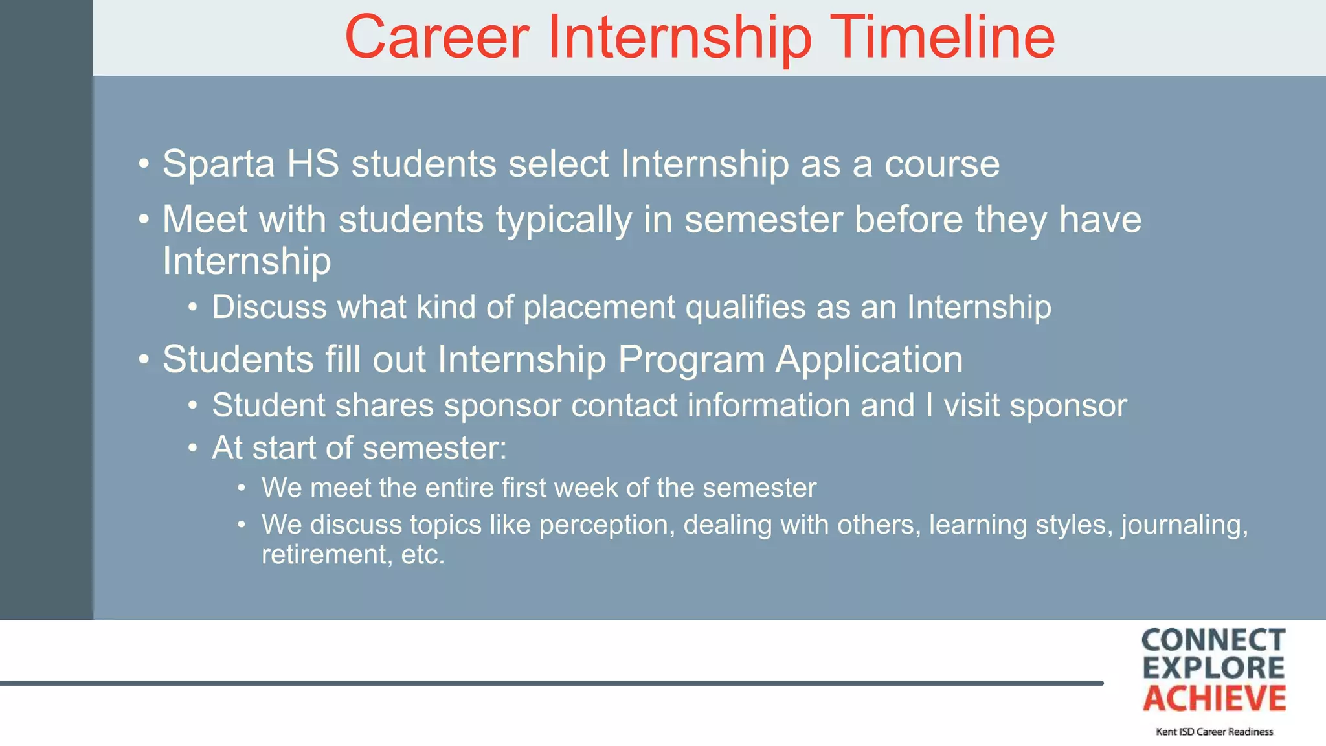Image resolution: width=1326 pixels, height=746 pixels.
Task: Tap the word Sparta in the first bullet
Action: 219,164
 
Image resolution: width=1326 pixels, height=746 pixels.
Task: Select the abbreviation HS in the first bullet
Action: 313,164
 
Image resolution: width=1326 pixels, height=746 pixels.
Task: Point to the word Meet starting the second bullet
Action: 205,220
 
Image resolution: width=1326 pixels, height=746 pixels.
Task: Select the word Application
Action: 869,360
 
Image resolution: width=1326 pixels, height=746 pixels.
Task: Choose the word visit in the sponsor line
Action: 971,406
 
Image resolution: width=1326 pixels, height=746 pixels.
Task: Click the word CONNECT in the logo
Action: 1213,640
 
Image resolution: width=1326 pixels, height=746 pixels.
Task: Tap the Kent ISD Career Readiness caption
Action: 1214,732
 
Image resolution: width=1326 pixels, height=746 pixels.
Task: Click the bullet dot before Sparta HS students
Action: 144,164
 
